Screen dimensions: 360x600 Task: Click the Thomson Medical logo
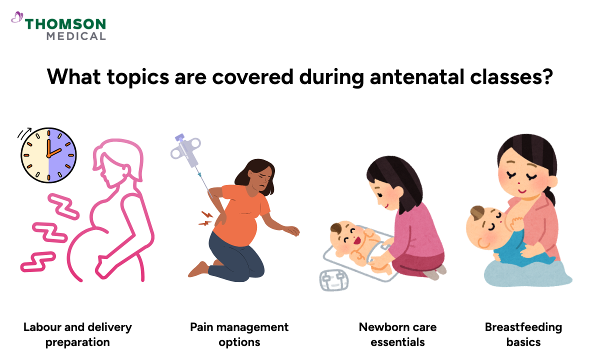pos(59,28)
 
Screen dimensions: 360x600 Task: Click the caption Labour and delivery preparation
pos(77,334)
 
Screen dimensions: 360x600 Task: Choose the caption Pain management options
pos(239,334)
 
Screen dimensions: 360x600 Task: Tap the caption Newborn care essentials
pos(397,334)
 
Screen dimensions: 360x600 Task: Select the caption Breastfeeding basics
pos(523,334)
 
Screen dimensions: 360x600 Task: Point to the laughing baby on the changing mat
pos(352,240)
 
